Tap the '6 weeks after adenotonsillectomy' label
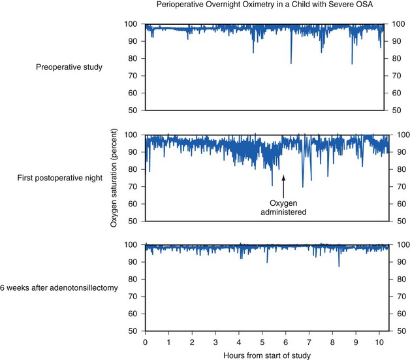[59, 288]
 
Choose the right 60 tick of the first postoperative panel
[396, 204]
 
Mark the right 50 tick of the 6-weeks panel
[396, 331]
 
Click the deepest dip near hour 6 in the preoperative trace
[291, 63]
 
